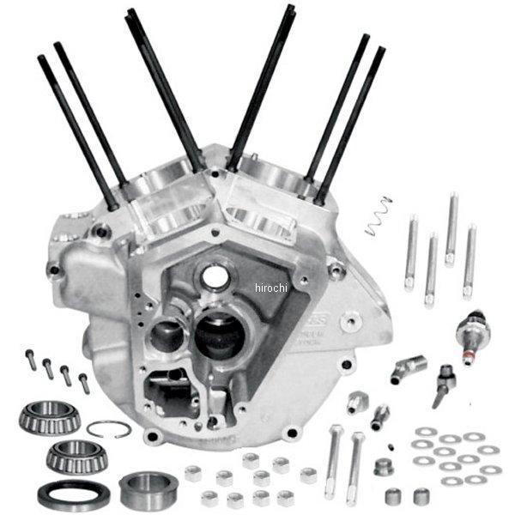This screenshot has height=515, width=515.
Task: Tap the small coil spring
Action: pyautogui.click(x=378, y=217)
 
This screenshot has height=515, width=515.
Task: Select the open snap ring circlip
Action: pyautogui.click(x=109, y=428)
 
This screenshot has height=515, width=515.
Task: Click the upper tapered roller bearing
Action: pyautogui.click(x=49, y=417)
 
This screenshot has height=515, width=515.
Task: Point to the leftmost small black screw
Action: pyautogui.click(x=32, y=360)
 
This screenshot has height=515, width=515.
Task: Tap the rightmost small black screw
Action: pyautogui.click(x=83, y=382)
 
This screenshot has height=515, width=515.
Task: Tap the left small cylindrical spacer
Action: pyautogui.click(x=392, y=495)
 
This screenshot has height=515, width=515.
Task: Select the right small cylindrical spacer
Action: pyautogui.click(x=421, y=495)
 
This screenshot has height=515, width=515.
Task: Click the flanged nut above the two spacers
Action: pyautogui.click(x=384, y=467)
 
